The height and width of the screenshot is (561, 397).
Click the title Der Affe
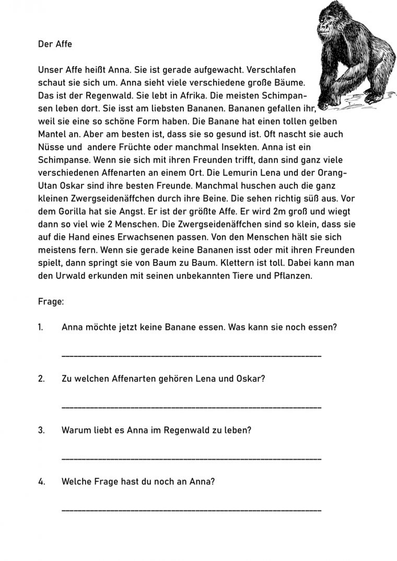(55, 44)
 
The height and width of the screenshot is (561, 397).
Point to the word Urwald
(68, 276)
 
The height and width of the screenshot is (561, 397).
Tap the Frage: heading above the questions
(51, 301)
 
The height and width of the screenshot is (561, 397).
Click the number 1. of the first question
(41, 327)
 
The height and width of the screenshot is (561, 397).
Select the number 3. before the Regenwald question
(41, 431)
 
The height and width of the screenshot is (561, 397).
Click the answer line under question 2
(191, 407)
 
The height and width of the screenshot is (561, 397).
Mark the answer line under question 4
(191, 509)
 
